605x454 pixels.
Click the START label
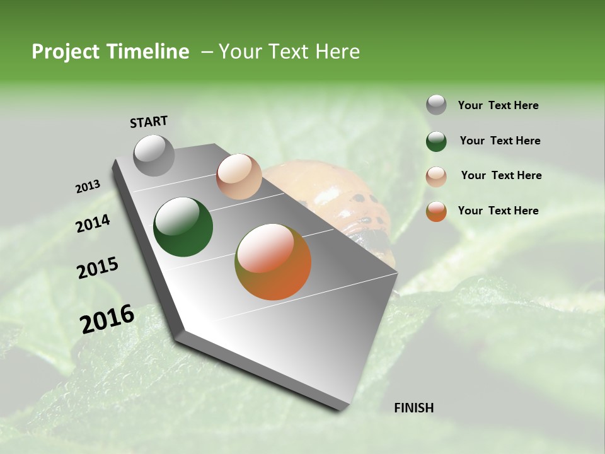(x=149, y=121)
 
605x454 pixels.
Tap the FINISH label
(x=413, y=407)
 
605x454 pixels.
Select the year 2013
(x=88, y=187)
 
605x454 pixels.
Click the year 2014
(x=93, y=223)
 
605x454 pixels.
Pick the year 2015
(x=98, y=268)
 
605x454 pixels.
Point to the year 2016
(x=107, y=318)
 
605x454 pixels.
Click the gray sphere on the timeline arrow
(x=154, y=155)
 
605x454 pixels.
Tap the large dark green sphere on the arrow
(x=183, y=227)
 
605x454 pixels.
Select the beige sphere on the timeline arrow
(x=239, y=177)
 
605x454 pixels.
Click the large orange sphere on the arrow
(x=273, y=262)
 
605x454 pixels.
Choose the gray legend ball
(x=436, y=105)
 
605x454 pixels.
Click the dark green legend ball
(x=436, y=141)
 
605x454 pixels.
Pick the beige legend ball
(x=436, y=177)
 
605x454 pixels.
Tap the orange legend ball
(x=436, y=211)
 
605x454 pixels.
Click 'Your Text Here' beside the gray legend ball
(x=498, y=105)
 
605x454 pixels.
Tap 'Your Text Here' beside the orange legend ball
(x=498, y=211)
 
